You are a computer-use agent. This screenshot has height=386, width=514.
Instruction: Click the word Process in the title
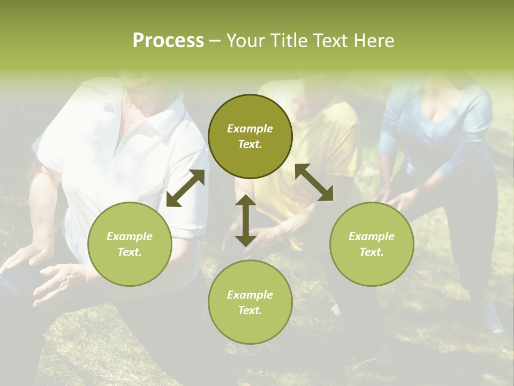pos(168,41)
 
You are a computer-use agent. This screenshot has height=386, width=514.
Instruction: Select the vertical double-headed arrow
pos(246,220)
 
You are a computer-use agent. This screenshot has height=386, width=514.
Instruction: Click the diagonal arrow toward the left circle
pos(185,188)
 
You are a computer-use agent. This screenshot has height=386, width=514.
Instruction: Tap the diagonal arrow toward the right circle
pos(314,182)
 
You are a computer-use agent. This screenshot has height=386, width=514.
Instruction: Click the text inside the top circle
pos(250,136)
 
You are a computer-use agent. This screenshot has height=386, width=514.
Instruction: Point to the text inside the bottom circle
pos(250,302)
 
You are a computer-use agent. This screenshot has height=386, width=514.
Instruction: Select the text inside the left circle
pos(130,244)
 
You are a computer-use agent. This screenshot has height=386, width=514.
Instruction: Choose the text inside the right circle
pos(372,244)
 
